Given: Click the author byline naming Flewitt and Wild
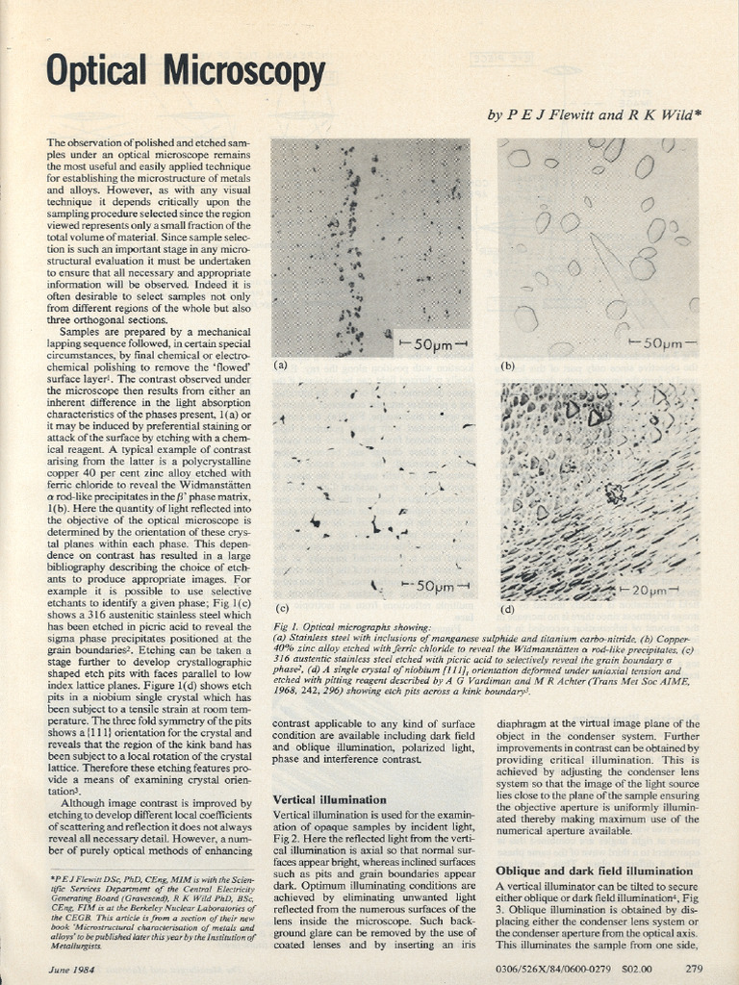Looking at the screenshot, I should point(595,115).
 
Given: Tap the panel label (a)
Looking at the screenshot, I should point(281,366).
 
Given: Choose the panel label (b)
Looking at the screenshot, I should point(508,366).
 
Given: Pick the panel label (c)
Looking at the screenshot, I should point(282,609).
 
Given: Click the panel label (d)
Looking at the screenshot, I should point(508,609).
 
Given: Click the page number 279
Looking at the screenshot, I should point(694,968).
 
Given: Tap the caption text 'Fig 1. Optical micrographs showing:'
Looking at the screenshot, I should point(353,627).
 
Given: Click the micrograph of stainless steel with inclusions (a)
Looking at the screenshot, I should point(370,247).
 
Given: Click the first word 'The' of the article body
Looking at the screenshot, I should point(57,142).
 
